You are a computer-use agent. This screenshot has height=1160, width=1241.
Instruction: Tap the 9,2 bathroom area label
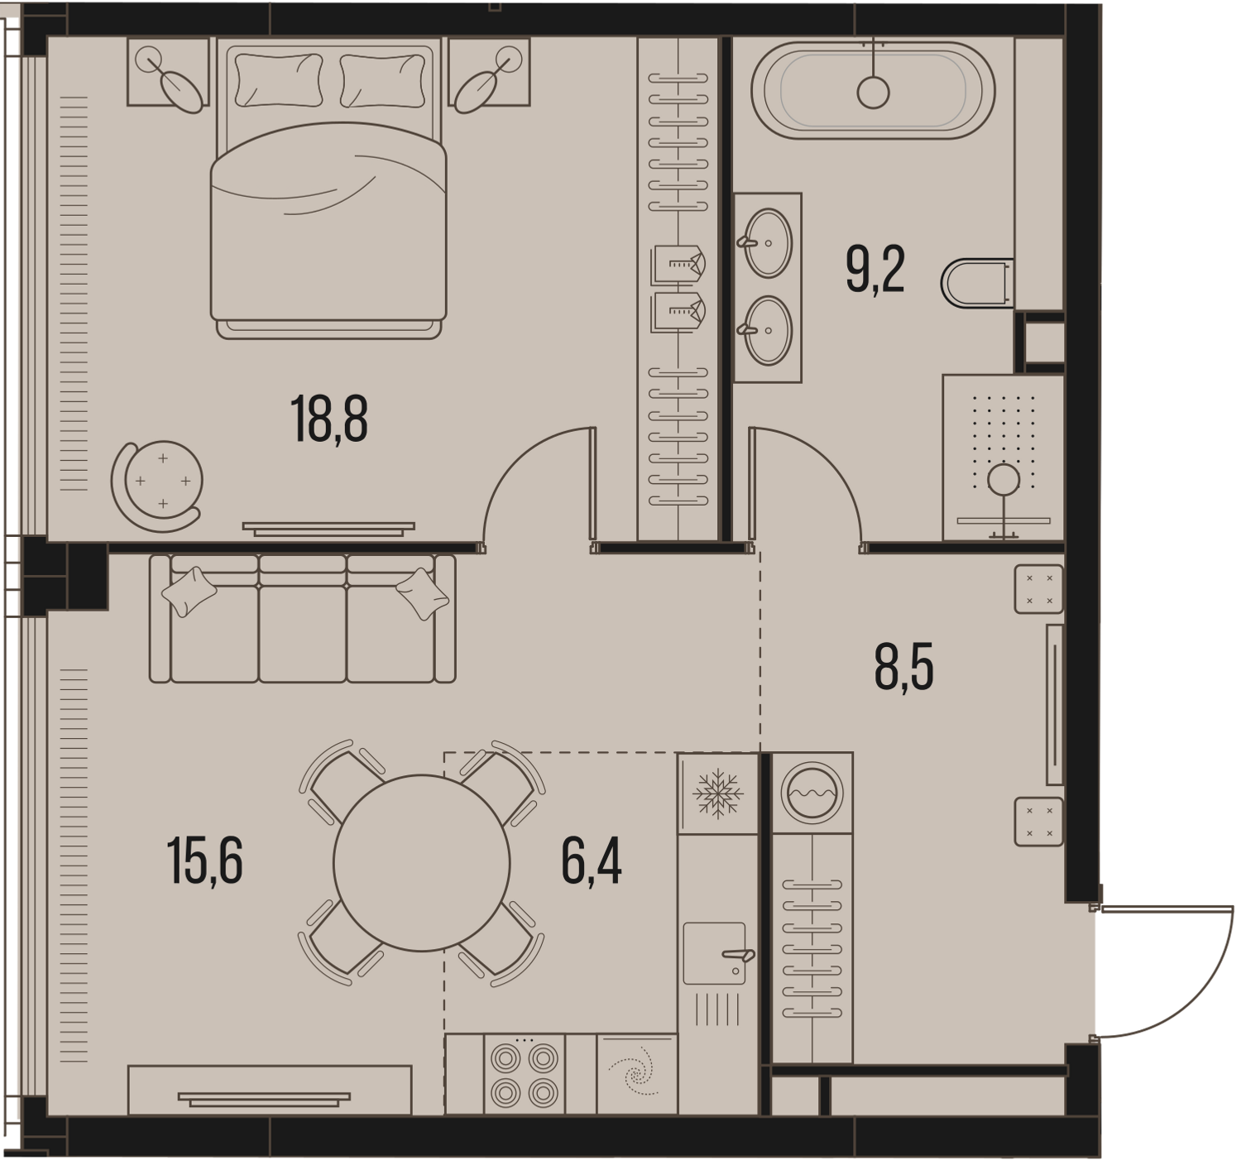click(875, 270)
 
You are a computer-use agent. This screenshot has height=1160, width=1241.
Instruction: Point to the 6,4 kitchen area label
click(592, 861)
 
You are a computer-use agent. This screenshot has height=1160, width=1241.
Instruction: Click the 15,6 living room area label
click(205, 861)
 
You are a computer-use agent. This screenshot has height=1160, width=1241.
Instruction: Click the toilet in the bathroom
click(977, 283)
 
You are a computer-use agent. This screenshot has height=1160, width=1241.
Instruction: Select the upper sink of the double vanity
click(767, 243)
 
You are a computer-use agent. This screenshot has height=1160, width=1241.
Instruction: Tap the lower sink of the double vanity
click(767, 331)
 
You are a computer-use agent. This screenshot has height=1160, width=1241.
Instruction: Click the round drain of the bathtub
click(873, 93)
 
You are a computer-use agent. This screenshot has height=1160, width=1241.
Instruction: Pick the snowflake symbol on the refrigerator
click(718, 793)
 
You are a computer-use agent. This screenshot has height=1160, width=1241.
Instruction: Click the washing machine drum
click(812, 793)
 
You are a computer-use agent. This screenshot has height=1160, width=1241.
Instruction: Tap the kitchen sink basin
click(714, 953)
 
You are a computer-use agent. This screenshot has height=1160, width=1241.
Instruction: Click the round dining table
click(422, 863)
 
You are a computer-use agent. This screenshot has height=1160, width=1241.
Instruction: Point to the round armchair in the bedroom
click(157, 487)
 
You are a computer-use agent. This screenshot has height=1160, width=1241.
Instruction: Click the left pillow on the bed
click(278, 79)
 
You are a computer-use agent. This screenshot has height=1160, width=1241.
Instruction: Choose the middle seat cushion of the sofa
click(303, 634)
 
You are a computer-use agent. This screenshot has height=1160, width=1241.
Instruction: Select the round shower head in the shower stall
click(1004, 479)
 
